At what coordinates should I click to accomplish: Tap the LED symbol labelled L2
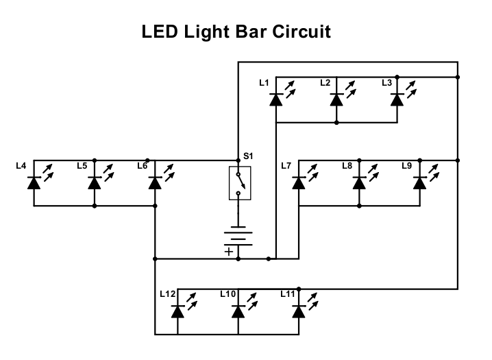(336, 99)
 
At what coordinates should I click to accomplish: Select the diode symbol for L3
(397, 99)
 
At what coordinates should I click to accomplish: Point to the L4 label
(21, 166)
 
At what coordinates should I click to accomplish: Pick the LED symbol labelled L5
(95, 182)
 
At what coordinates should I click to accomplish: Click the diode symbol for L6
(155, 182)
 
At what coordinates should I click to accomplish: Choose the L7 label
(286, 166)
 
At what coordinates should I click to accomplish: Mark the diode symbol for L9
(419, 182)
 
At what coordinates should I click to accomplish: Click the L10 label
(227, 294)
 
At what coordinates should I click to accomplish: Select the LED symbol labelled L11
(298, 311)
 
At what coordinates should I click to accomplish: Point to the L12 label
(167, 294)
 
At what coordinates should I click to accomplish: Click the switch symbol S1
(239, 183)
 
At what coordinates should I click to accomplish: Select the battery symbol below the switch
(239, 236)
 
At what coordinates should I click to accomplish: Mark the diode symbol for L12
(178, 311)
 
